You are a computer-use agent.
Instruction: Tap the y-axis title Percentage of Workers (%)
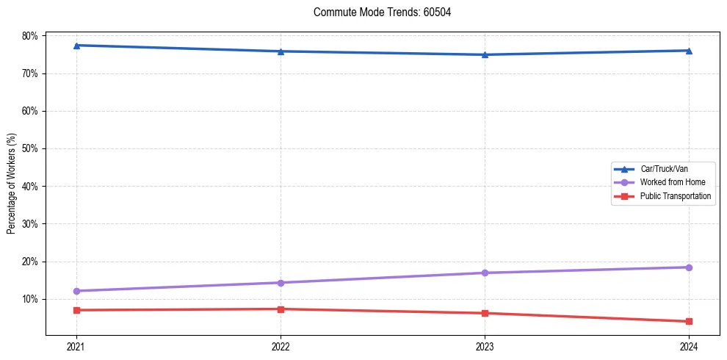(x=12, y=184)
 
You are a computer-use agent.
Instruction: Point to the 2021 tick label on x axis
(x=76, y=346)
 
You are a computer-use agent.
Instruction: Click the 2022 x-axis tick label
(x=281, y=346)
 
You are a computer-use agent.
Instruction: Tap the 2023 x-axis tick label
(x=485, y=346)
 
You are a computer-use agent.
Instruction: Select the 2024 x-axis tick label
(x=689, y=346)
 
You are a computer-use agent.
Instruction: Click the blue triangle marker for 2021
(x=76, y=46)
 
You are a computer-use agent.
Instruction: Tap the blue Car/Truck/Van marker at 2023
(x=485, y=54)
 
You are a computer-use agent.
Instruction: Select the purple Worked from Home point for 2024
(x=689, y=267)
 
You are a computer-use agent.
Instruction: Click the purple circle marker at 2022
(x=281, y=283)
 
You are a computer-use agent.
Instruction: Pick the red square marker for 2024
(x=689, y=321)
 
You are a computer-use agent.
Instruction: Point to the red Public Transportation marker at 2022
(x=281, y=309)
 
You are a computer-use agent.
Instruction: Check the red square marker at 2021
(x=76, y=310)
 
